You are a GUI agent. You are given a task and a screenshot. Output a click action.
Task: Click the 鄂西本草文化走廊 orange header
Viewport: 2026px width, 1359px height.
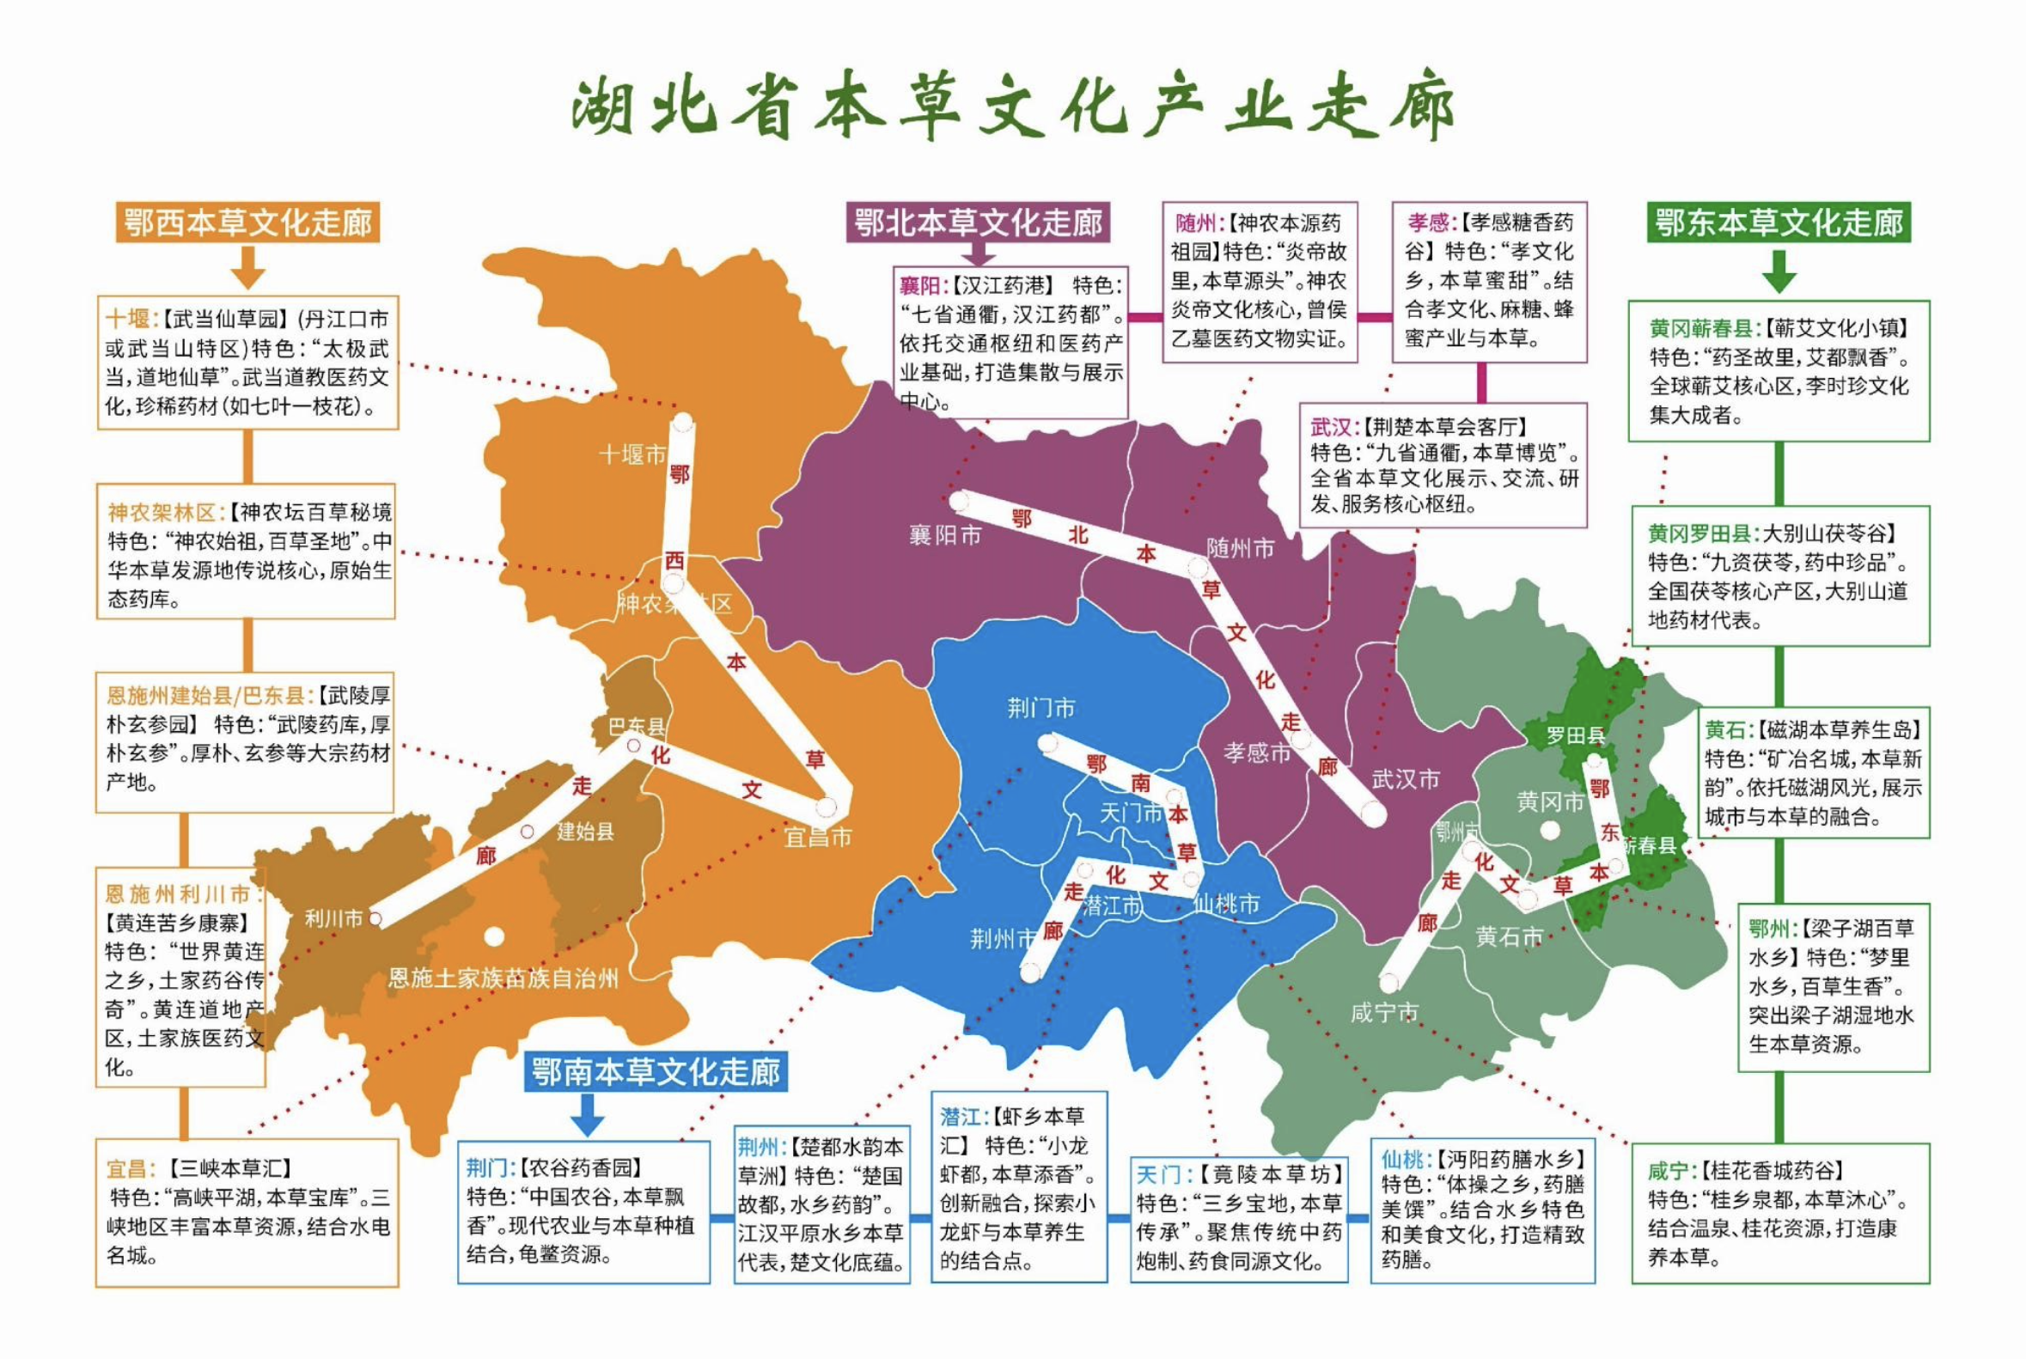click(248, 222)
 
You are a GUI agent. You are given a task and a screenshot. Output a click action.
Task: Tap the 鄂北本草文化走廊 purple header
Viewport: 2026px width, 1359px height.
click(979, 222)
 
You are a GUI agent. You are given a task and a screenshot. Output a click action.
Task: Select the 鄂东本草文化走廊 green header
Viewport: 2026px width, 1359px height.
click(1779, 222)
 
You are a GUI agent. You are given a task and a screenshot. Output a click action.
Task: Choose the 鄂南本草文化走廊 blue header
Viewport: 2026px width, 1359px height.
click(656, 1072)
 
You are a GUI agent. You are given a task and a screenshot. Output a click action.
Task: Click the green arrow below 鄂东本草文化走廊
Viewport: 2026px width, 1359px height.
click(1779, 271)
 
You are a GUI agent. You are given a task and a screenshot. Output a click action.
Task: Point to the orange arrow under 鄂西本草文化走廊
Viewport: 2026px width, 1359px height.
click(248, 268)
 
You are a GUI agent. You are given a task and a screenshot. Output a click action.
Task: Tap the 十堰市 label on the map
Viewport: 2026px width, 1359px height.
click(633, 454)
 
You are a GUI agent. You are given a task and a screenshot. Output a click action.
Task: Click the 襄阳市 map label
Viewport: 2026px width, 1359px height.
click(945, 535)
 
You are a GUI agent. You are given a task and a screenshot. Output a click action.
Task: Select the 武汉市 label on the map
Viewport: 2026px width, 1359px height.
click(1406, 779)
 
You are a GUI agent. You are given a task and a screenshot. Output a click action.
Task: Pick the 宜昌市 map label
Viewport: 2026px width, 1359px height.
click(817, 837)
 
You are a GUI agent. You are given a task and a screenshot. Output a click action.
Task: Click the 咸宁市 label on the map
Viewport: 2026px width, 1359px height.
click(1384, 1012)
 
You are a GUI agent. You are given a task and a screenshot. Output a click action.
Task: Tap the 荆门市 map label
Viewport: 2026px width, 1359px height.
click(1041, 708)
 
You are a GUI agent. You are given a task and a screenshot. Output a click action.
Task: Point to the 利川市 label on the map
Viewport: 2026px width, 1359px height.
click(333, 918)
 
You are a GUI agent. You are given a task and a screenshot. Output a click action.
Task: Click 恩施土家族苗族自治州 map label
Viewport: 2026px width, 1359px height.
click(503, 978)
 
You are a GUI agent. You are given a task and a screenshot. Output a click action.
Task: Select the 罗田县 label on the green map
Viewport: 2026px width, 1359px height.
click(1575, 736)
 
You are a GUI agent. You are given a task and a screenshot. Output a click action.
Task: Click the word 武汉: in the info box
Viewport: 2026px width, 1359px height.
click(1333, 426)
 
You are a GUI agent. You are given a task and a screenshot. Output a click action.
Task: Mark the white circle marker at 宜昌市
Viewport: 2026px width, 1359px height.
click(826, 807)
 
